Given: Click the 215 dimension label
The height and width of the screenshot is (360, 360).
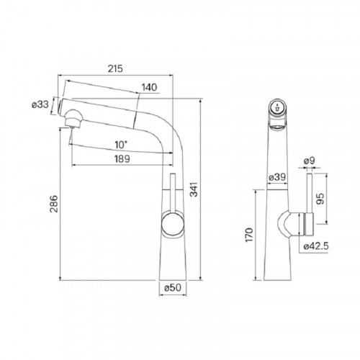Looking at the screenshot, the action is pyautogui.click(x=115, y=68).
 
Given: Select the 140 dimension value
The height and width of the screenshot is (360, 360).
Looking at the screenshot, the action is pyautogui.click(x=149, y=87).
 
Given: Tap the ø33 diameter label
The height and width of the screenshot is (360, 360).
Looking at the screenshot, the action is pyautogui.click(x=40, y=104).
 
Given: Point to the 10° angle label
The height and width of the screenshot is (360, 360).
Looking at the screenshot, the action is pyautogui.click(x=121, y=145).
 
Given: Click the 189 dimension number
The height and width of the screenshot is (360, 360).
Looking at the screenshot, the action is pyautogui.click(x=122, y=158).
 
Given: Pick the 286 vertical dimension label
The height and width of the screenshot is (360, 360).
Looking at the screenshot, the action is pyautogui.click(x=54, y=204).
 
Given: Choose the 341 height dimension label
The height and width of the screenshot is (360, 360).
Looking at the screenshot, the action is pyautogui.click(x=194, y=189).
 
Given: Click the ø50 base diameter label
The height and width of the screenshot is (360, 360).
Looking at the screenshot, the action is pyautogui.click(x=173, y=287).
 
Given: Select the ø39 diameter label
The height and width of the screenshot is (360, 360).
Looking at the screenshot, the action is pyautogui.click(x=277, y=177).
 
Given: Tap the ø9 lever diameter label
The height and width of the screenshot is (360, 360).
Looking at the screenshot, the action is pyautogui.click(x=310, y=161).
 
